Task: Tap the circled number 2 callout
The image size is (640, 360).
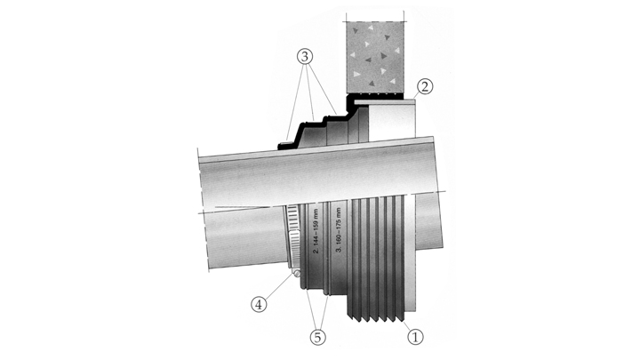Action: point(425,86)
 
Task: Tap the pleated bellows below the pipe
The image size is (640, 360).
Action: point(377,258)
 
